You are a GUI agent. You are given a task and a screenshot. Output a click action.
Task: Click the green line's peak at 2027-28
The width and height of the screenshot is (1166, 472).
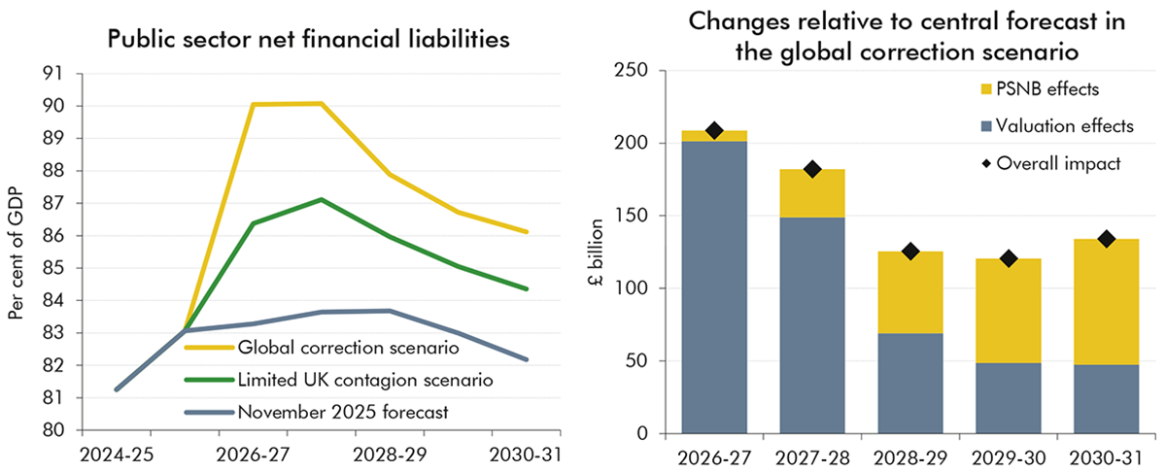click(x=321, y=200)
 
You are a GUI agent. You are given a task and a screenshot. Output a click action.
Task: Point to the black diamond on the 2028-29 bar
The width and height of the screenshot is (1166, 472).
click(x=909, y=252)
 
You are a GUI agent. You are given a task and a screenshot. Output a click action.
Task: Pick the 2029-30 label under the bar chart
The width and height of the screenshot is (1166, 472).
click(x=1008, y=455)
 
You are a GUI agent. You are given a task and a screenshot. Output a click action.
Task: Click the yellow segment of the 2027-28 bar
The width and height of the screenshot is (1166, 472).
click(x=812, y=192)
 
